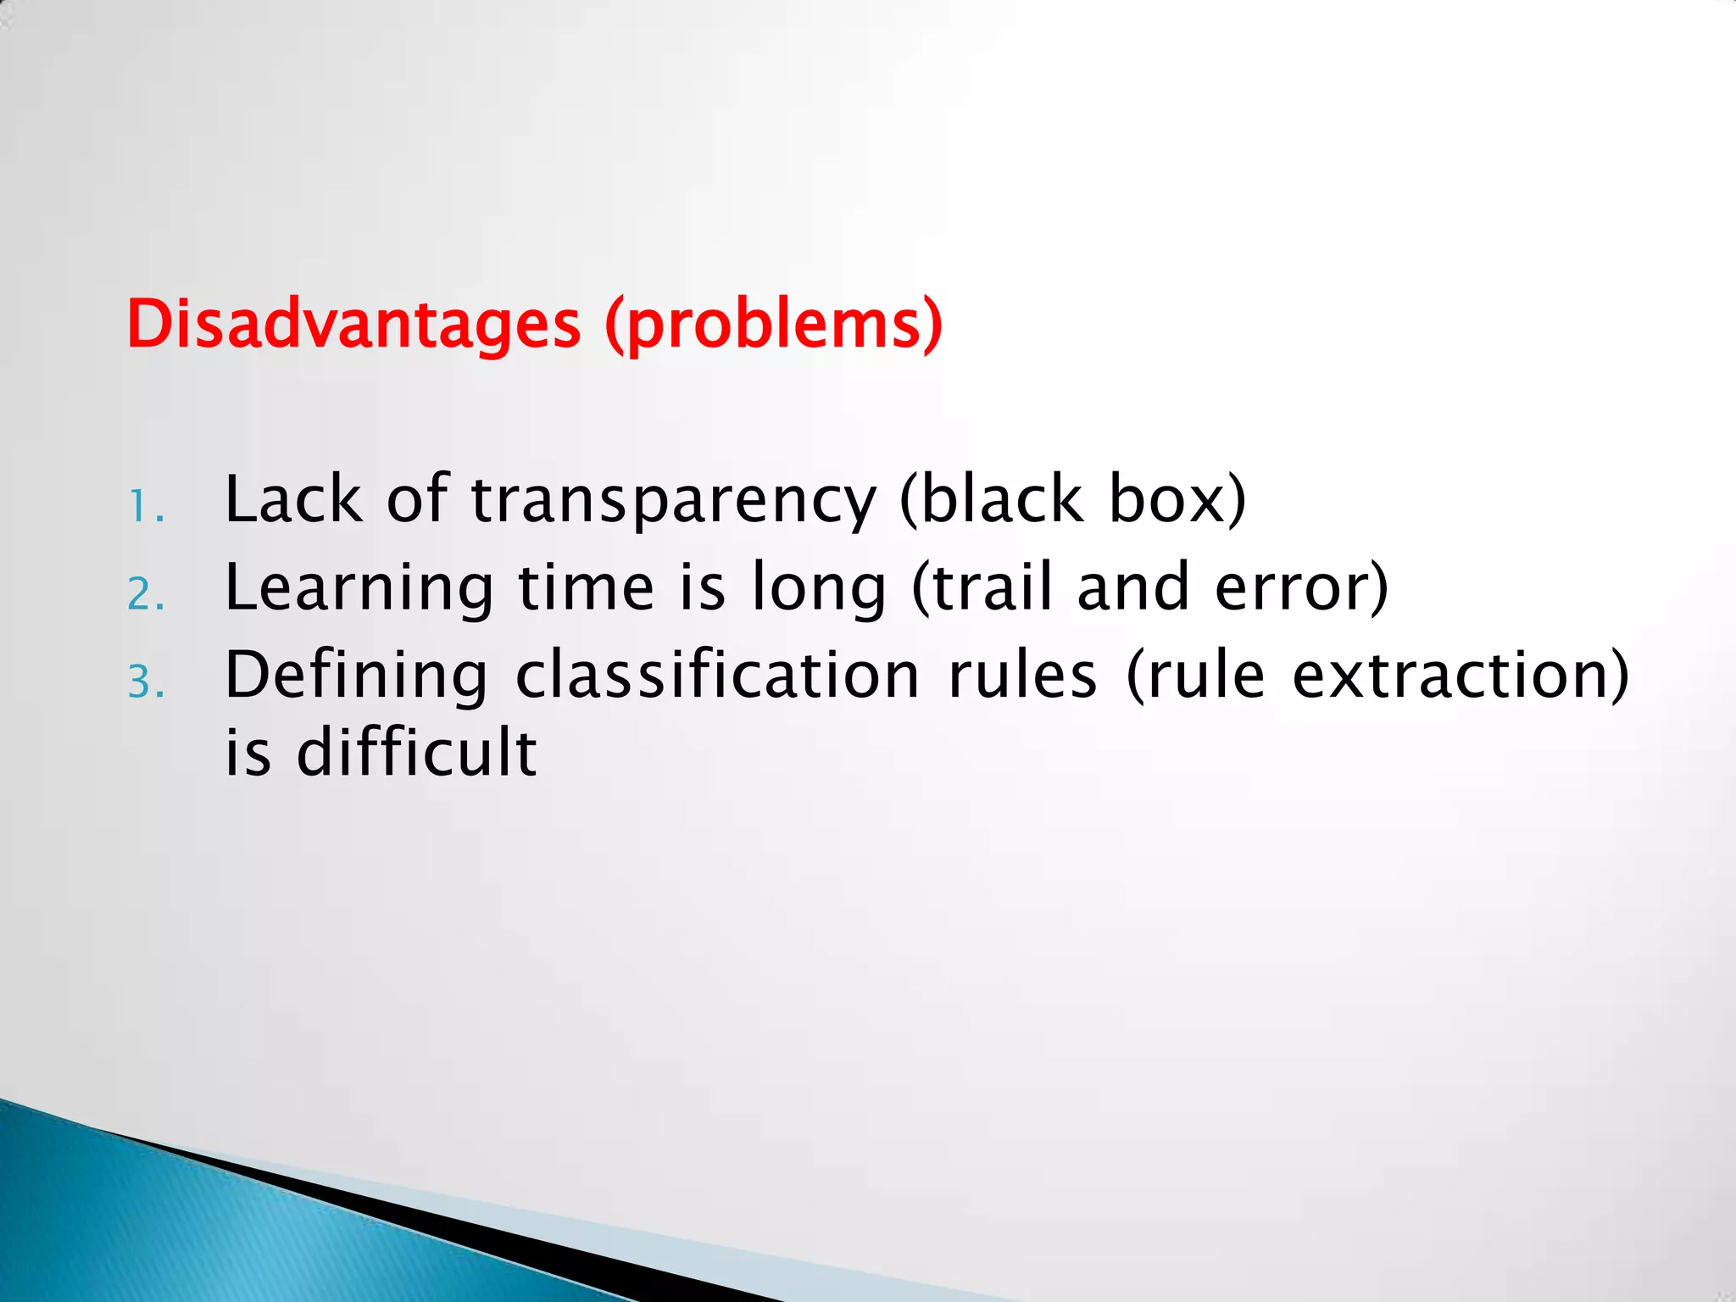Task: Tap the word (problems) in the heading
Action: click(x=773, y=325)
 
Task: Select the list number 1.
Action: click(x=144, y=509)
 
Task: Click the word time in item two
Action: click(x=587, y=587)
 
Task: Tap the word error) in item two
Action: click(x=1301, y=587)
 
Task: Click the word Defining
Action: click(x=356, y=676)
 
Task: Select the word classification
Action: click(x=717, y=675)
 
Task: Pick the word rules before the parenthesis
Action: click(x=1021, y=675)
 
